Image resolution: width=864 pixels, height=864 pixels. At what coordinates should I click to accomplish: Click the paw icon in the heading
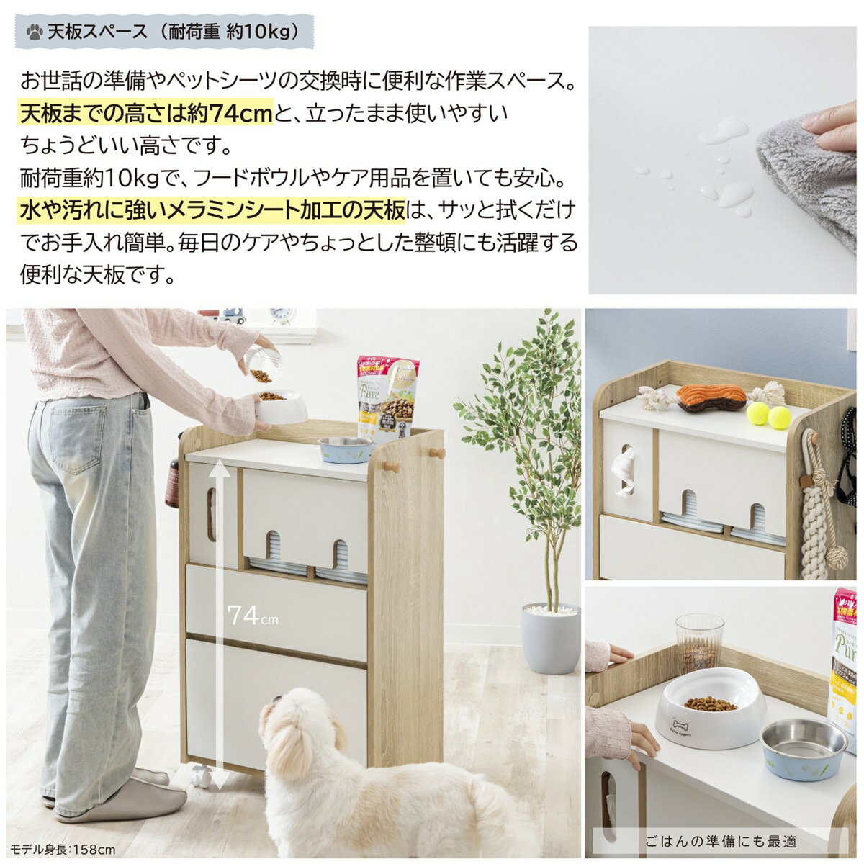pyautogui.click(x=34, y=32)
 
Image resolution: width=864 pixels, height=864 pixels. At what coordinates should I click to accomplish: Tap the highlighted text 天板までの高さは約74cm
pyautogui.click(x=146, y=113)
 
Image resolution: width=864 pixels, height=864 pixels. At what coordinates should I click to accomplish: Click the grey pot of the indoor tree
pyautogui.click(x=550, y=638)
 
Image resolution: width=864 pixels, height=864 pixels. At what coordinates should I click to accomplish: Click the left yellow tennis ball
pyautogui.click(x=757, y=413)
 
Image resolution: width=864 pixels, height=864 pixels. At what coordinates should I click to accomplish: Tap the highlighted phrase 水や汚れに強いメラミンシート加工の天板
pyautogui.click(x=212, y=211)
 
